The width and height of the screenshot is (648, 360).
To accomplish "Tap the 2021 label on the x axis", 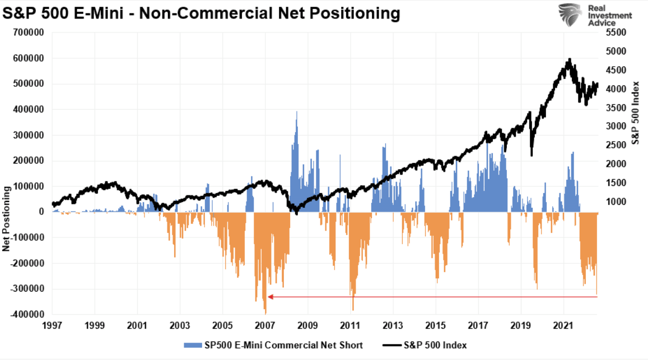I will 563,325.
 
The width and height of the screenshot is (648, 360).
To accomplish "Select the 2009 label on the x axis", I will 307,325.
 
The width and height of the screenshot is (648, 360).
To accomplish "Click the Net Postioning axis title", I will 7,218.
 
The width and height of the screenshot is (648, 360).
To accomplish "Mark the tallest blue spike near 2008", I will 296,113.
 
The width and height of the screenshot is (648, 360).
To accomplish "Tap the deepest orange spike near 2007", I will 265,312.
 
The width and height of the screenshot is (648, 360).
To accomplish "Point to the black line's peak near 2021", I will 569,59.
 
